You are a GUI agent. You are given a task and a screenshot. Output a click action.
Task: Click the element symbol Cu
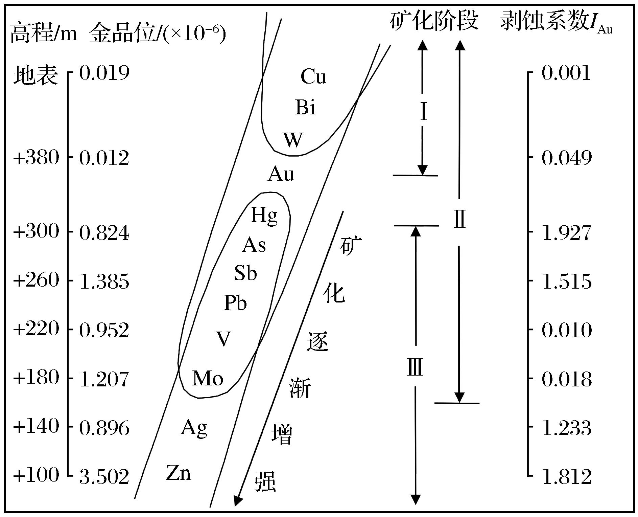click(313, 76)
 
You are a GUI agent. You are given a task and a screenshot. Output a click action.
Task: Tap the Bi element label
click(305, 107)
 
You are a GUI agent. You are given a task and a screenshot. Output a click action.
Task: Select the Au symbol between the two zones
click(281, 174)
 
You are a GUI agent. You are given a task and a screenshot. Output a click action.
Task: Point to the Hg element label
click(264, 215)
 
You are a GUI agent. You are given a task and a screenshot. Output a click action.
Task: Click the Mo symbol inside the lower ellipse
click(208, 378)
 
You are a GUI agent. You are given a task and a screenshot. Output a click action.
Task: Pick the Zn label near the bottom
click(178, 473)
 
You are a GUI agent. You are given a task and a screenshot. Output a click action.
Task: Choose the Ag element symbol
click(194, 428)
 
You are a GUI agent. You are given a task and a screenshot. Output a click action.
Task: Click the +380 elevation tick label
click(36, 157)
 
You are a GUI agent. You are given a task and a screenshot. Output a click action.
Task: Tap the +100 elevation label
click(36, 475)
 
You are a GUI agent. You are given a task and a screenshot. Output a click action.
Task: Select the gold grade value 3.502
click(104, 477)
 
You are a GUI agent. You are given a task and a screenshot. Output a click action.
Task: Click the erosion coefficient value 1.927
click(567, 233)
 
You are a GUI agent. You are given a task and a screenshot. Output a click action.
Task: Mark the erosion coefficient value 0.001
click(566, 73)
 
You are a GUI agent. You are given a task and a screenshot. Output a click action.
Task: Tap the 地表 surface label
click(36, 75)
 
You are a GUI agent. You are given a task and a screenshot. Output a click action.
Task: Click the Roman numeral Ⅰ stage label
click(423, 112)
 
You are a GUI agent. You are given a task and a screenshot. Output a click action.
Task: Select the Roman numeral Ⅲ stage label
click(415, 367)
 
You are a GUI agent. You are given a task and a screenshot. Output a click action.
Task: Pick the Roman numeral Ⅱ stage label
click(459, 219)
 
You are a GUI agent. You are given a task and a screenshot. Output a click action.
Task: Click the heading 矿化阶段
click(434, 20)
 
